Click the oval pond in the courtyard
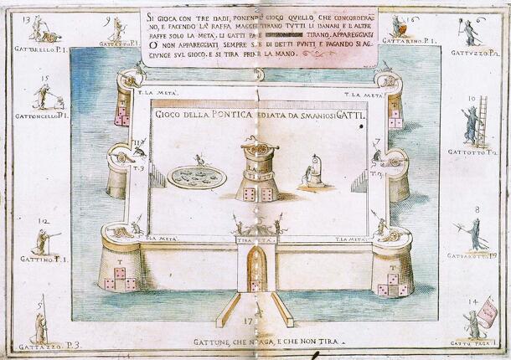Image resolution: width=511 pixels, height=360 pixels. [196, 177]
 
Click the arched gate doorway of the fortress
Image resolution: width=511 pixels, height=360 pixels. [256, 270]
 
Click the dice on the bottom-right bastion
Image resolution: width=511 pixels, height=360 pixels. [392, 286]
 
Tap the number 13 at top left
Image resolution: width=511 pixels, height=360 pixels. [30, 18]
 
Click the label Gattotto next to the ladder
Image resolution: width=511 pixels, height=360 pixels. [473, 154]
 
